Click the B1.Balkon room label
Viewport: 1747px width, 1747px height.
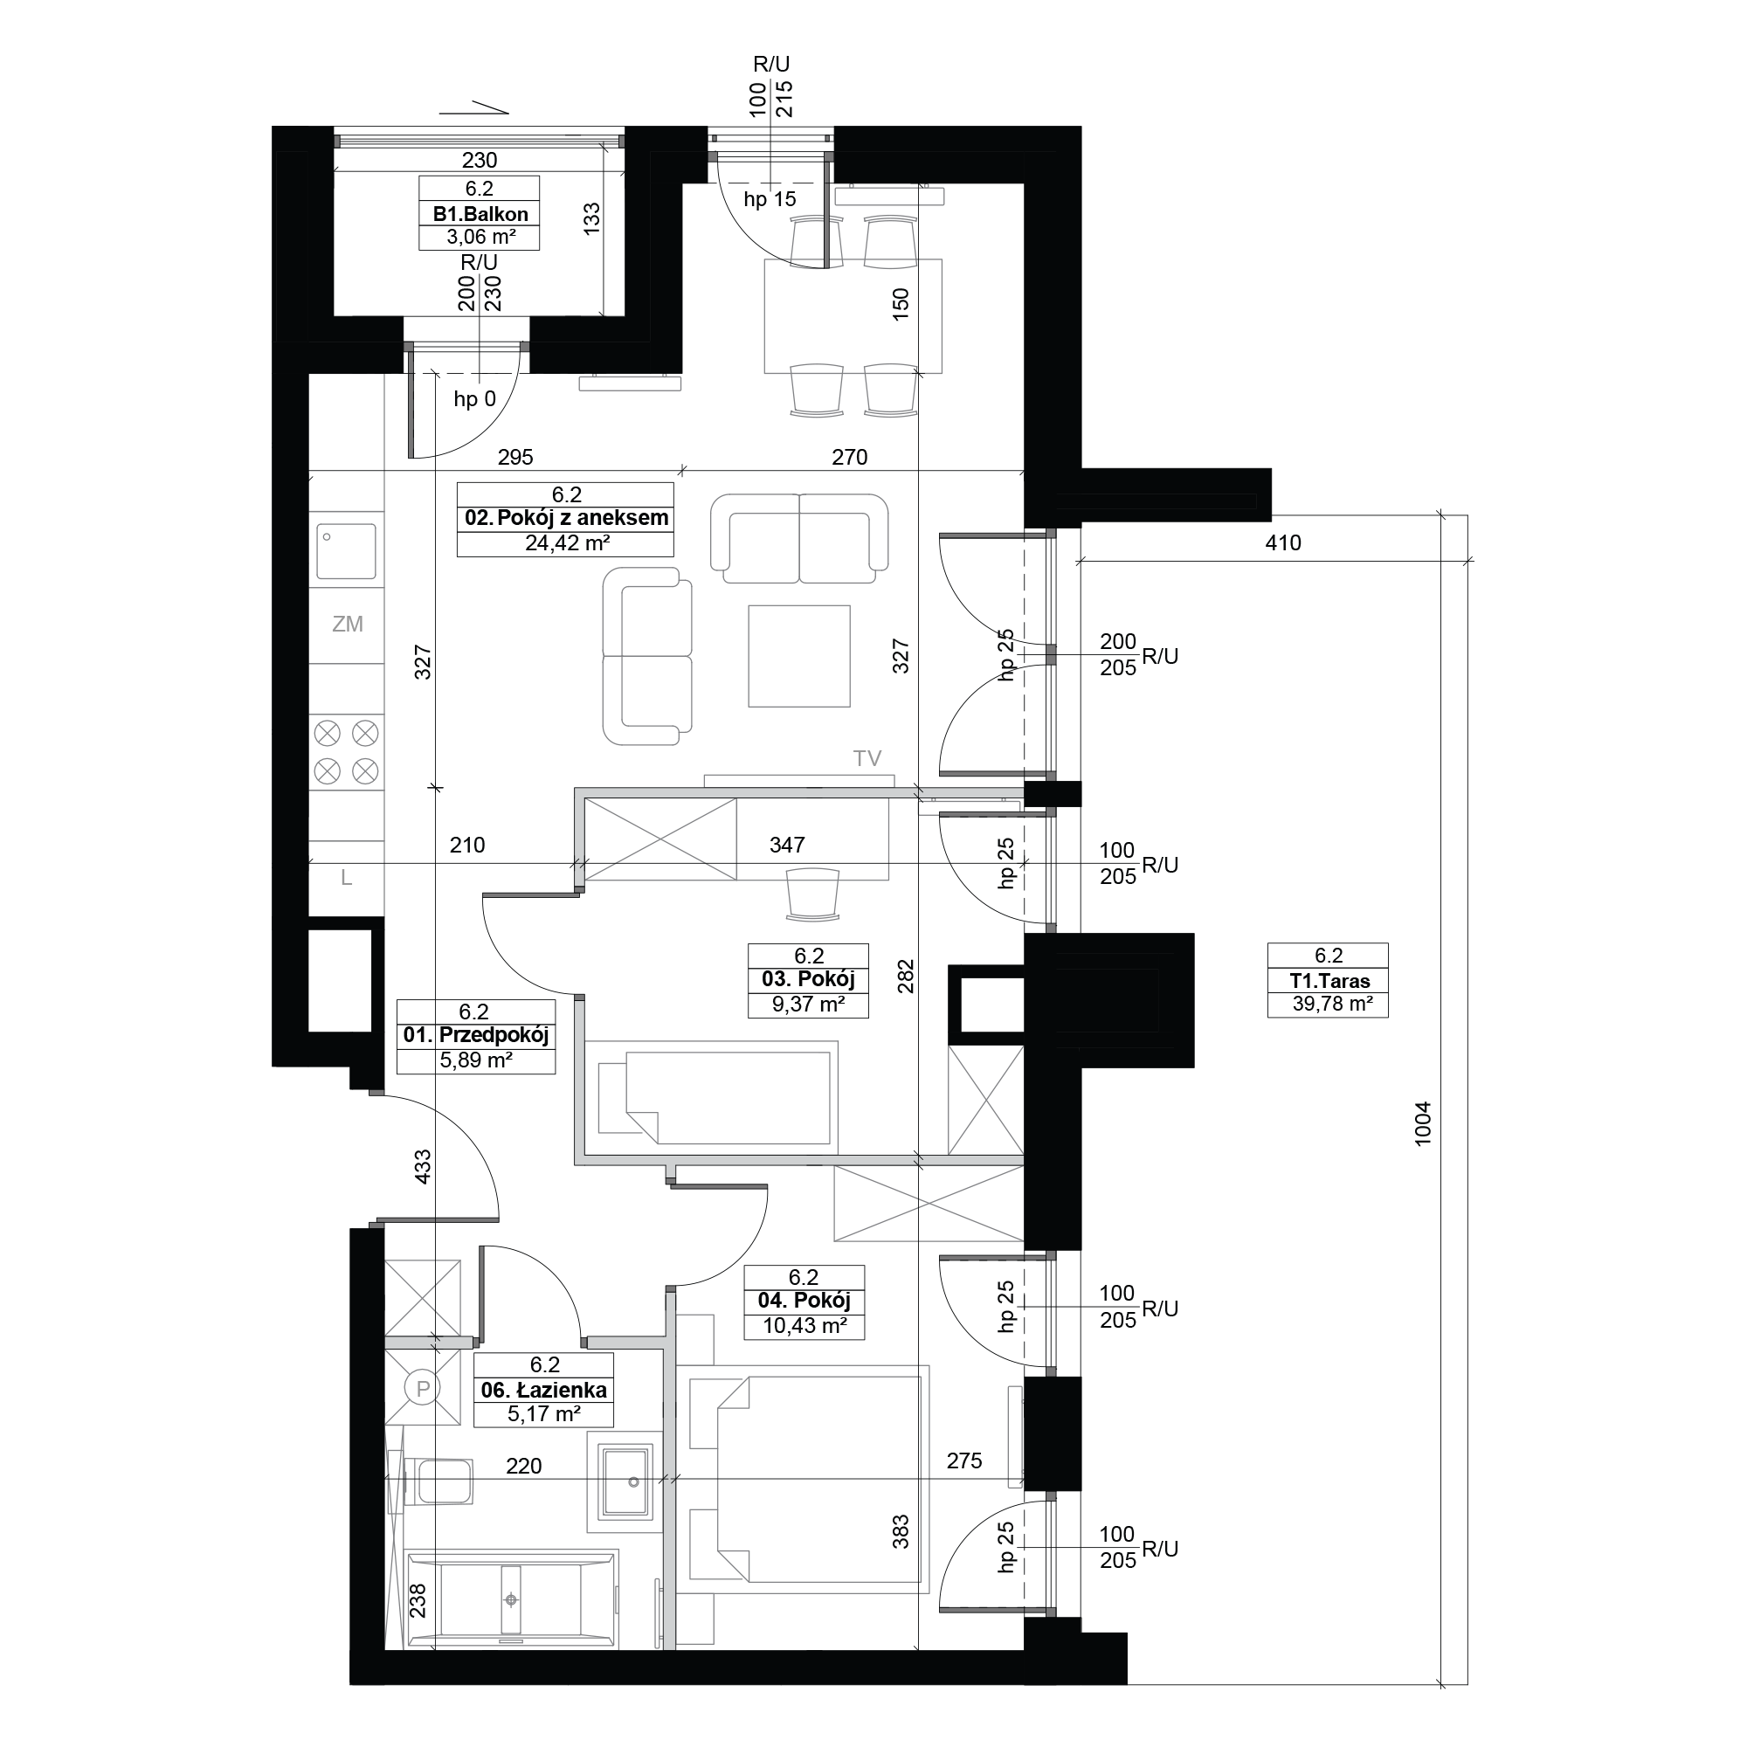[480, 214]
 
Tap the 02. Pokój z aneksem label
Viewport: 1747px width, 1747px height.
[566, 518]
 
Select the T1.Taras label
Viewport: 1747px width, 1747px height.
[1329, 981]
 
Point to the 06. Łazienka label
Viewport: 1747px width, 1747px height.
[543, 1391]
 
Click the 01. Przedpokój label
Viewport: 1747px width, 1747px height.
[476, 1035]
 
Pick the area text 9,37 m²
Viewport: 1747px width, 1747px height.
[808, 1004]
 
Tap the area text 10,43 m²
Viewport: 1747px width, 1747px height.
[804, 1326]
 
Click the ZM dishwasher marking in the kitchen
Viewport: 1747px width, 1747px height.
[348, 624]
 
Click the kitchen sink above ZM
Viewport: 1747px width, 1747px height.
[346, 550]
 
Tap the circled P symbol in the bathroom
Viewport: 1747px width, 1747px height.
[422, 1388]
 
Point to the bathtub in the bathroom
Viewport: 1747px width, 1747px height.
[512, 1599]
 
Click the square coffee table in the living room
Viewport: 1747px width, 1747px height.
[799, 656]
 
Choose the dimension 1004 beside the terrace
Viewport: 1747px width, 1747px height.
[1423, 1124]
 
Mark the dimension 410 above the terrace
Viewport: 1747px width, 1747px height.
[1283, 542]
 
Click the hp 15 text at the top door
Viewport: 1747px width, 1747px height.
[770, 199]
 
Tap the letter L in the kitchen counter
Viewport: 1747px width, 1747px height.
[346, 877]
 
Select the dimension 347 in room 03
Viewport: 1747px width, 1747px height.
[787, 845]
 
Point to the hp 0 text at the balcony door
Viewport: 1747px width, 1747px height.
[474, 399]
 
